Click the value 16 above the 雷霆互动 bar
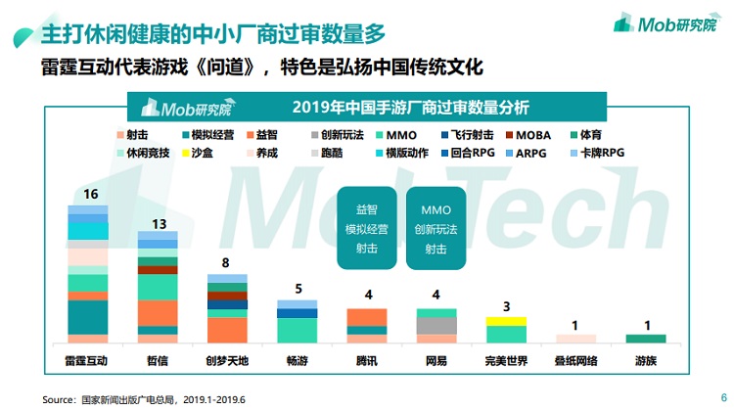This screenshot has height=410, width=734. click(x=91, y=195)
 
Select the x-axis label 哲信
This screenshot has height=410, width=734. click(x=158, y=360)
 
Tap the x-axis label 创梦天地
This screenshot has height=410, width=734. click(x=227, y=360)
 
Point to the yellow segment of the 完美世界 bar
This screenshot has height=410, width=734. click(x=506, y=321)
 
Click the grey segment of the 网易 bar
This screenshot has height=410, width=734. click(x=436, y=326)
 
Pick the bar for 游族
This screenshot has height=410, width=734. click(x=646, y=339)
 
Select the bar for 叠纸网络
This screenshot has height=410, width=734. click(x=575, y=339)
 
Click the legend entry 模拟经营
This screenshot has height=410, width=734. click(x=207, y=135)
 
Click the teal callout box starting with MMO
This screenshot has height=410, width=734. click(x=436, y=229)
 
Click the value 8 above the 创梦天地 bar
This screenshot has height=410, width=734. click(x=227, y=263)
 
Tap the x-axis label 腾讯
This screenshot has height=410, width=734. click(x=367, y=360)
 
